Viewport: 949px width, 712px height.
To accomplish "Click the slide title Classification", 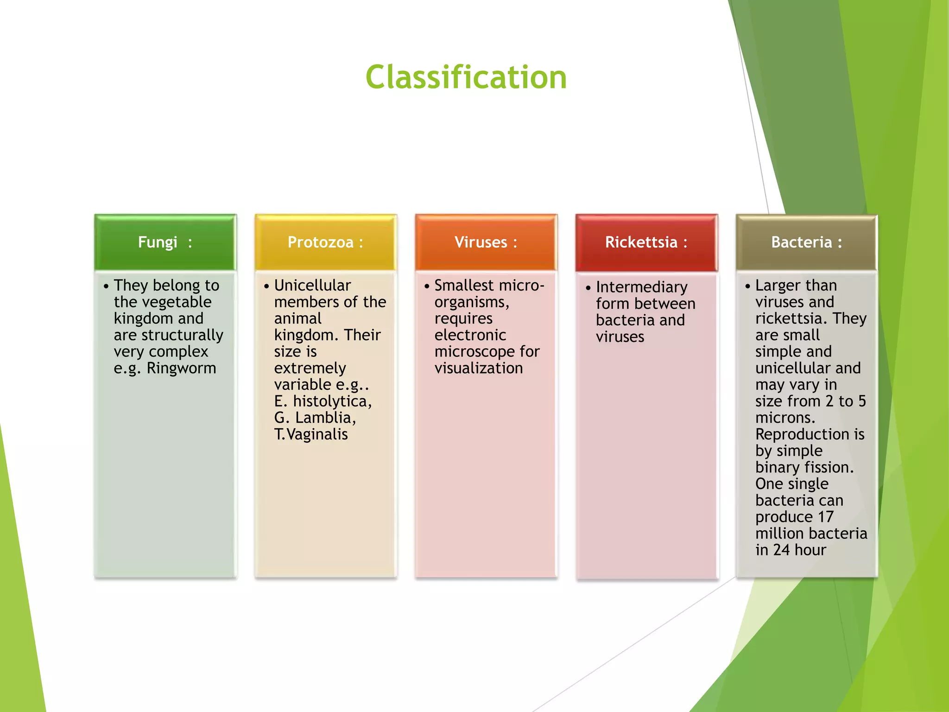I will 466,77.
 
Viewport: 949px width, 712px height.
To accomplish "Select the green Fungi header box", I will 165,242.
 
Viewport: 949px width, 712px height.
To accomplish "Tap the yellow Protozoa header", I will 325,242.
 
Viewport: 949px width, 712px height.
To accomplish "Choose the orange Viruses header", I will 486,242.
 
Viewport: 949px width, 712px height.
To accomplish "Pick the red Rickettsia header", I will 646,242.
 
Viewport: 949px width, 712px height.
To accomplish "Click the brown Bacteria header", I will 806,242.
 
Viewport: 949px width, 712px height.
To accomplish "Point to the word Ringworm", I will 181,368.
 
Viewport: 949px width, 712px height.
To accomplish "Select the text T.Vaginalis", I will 311,434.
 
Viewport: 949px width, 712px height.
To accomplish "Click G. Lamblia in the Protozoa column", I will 315,418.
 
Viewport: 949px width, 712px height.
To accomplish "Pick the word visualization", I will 478,368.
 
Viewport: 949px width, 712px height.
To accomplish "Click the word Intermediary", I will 641,287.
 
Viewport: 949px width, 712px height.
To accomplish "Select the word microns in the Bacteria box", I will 785,418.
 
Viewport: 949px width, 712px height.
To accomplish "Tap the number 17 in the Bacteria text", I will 826,517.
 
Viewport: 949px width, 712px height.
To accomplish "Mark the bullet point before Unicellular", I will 266,286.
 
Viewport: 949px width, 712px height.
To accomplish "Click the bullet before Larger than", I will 747,286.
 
